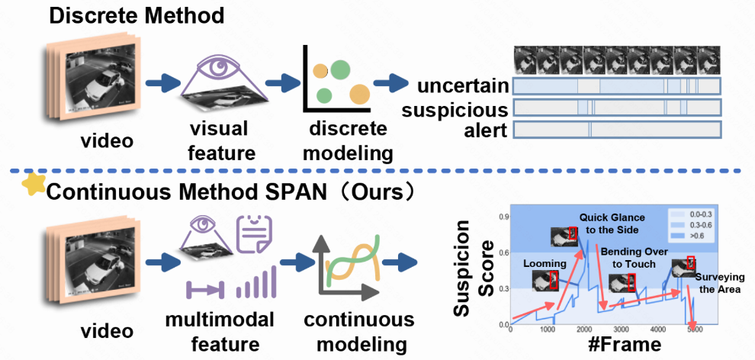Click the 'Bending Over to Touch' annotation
point(631,257)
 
